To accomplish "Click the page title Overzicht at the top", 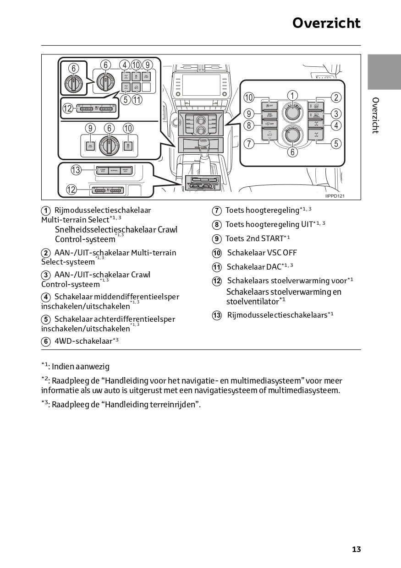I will click(326, 23).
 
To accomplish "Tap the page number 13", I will click(356, 549).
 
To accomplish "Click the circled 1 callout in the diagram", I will click(292, 95).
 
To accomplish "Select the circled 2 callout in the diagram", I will click(336, 97).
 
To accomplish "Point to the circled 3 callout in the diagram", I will click(336, 114).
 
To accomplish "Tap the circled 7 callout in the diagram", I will click(249, 144).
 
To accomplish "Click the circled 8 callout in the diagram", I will click(249, 125).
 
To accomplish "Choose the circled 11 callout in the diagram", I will click(137, 98).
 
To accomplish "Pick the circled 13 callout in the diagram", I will click(76, 170).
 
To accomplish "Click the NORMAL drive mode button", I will click(114, 171).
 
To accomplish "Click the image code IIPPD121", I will click(335, 196).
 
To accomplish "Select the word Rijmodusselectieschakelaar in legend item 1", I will click(102, 211).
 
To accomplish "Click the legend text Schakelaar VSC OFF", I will click(262, 253).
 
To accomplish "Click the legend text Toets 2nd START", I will click(254, 238).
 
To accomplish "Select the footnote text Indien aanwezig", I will click(80, 367).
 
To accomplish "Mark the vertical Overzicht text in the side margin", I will click(375, 115).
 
